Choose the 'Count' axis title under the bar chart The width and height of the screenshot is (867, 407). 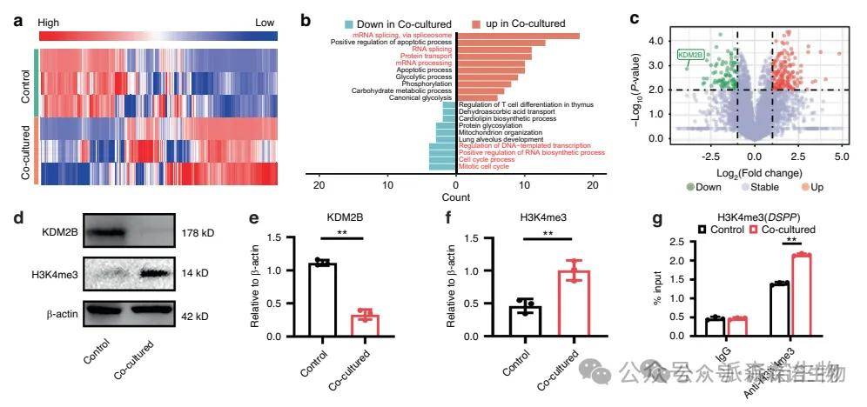click(x=455, y=199)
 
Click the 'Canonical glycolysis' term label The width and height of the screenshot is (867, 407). click(x=415, y=98)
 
